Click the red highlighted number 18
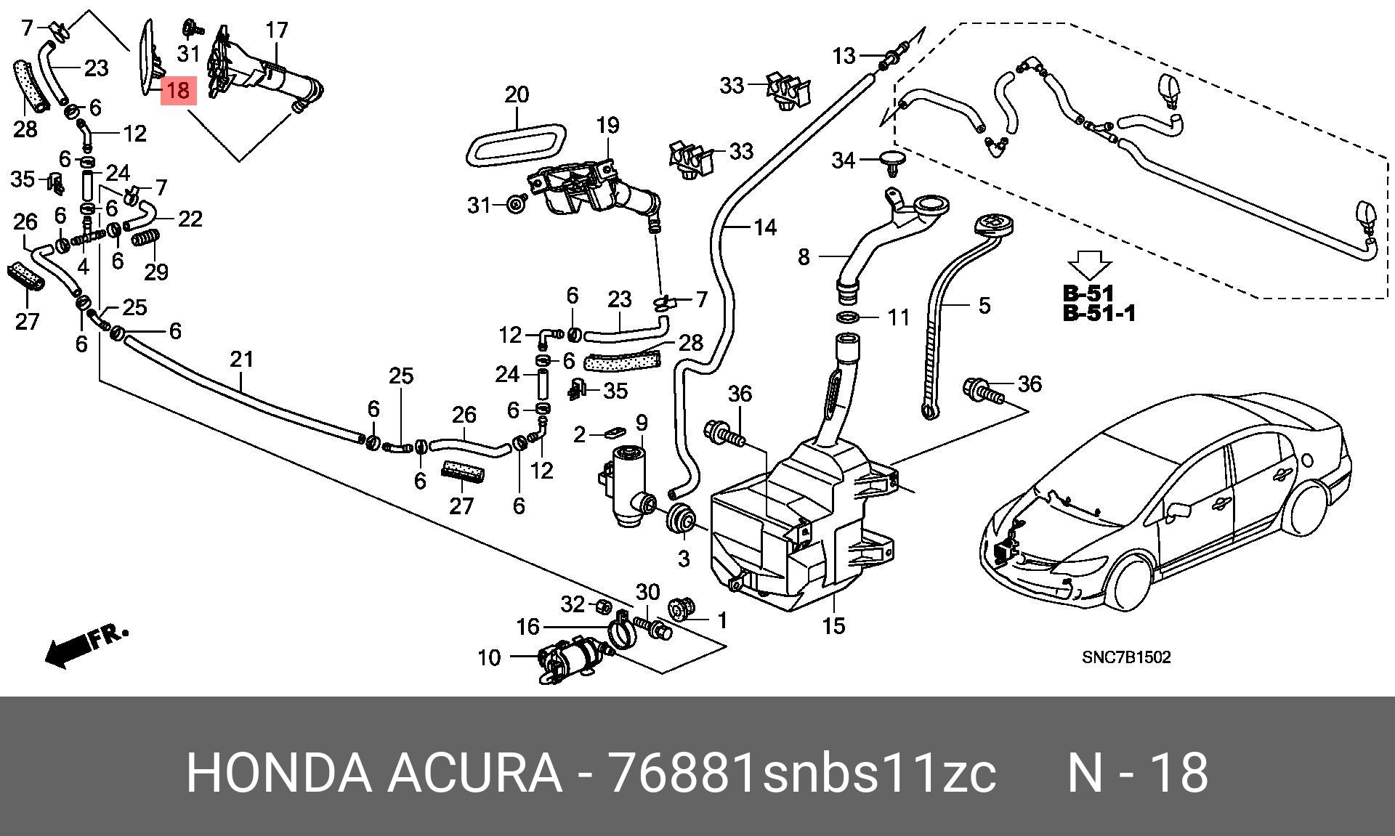178,91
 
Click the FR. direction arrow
86,646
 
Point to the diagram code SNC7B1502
1126,657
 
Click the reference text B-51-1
1099,314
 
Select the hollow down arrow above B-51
1090,264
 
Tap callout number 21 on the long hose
242,359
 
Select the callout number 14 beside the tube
765,228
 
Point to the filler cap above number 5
992,226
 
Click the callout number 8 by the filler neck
804,257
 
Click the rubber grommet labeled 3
682,519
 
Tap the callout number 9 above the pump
642,422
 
